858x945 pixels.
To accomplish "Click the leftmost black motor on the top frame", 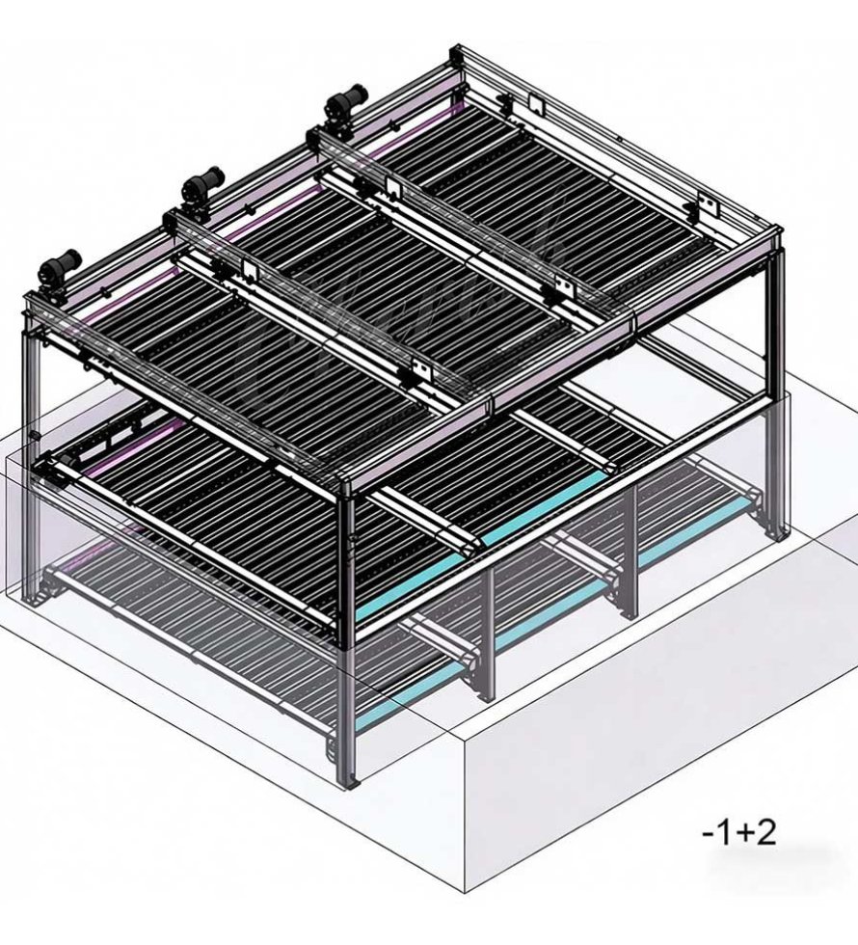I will [x=60, y=262].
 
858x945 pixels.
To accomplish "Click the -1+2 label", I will [x=739, y=831].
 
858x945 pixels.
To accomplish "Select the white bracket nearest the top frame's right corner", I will [x=707, y=204].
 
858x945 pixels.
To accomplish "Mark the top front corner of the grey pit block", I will [x=464, y=743].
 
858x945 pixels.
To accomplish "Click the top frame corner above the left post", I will [x=29, y=309].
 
